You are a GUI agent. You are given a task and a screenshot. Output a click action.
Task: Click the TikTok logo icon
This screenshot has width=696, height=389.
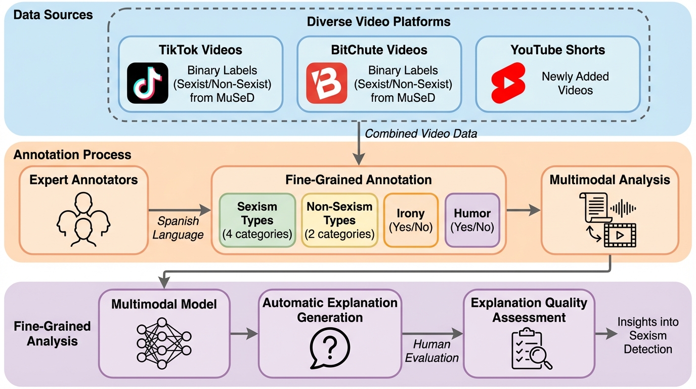point(148,83)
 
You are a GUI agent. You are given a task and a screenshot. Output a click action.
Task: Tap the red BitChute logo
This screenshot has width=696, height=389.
point(327,83)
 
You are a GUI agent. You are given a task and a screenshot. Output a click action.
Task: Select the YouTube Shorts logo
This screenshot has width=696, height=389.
point(508,83)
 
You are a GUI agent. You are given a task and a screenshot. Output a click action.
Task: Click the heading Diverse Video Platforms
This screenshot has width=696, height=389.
point(378,22)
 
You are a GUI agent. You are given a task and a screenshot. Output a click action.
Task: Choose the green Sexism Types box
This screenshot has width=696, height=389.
point(257,220)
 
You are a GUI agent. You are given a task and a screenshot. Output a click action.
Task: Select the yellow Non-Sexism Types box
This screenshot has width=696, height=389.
point(339,220)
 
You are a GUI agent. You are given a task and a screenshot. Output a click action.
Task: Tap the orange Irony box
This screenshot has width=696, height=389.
point(410,220)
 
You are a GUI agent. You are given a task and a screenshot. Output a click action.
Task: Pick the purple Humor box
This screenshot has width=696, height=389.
point(472,220)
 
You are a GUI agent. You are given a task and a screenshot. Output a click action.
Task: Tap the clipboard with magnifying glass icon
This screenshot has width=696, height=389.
point(529,349)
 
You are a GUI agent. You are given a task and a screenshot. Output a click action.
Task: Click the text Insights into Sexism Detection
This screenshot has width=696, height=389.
point(647,336)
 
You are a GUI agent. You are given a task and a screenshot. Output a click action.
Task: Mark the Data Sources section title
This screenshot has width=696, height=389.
point(53,15)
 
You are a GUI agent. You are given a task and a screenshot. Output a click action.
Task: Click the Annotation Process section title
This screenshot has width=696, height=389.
point(72,154)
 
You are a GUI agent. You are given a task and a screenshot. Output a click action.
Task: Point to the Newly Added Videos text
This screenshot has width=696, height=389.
point(575,83)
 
